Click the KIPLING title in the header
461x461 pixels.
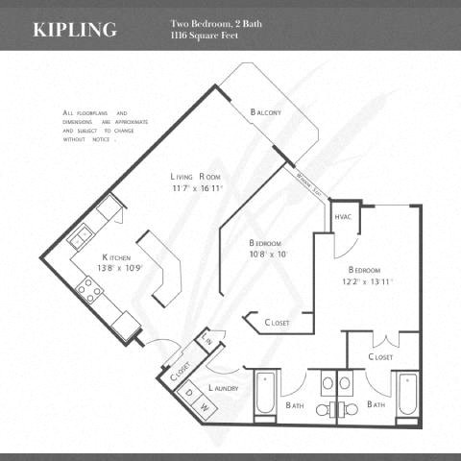(75, 29)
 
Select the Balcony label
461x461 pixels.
(265, 112)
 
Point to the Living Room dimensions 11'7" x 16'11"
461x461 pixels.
(197, 188)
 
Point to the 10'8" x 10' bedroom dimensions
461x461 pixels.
(268, 255)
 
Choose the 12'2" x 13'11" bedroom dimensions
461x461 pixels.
(369, 282)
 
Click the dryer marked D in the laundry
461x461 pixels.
(189, 392)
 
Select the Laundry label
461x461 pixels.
(223, 388)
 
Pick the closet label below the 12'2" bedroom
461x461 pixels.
(381, 356)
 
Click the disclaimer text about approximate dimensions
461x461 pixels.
(97, 126)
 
